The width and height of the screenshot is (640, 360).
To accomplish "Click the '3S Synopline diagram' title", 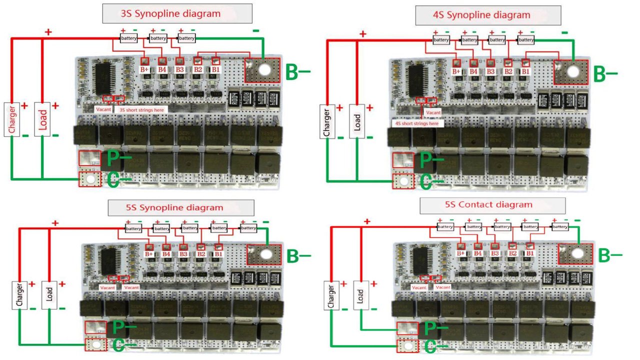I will pos(177,13).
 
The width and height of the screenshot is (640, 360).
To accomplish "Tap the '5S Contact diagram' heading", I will pos(492,205).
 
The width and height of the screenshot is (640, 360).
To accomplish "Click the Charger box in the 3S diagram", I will pos(11,119).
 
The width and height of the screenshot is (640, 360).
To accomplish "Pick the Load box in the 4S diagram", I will pos(357,121).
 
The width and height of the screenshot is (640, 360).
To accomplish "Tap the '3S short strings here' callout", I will pos(140,108).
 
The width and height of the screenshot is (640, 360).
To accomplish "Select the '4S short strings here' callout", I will pos(416,123).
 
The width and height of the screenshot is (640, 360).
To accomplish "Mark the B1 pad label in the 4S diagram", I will pos(525,71).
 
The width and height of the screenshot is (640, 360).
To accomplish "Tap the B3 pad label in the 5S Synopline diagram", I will pos(183,254).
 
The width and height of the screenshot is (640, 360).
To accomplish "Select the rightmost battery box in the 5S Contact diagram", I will pos(560,226).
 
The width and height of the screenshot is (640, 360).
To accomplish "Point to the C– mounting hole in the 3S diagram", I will pos(90,179).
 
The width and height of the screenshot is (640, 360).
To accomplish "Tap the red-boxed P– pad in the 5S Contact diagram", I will pos(406,328).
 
